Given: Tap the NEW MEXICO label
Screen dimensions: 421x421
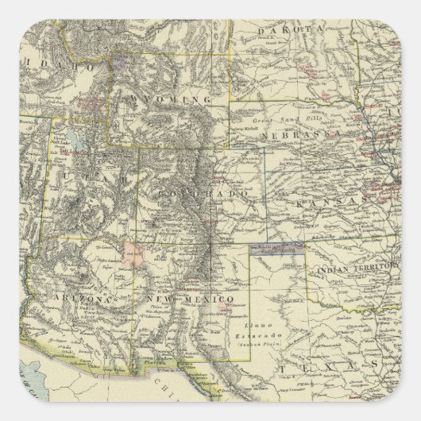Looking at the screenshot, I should click(191, 299).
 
